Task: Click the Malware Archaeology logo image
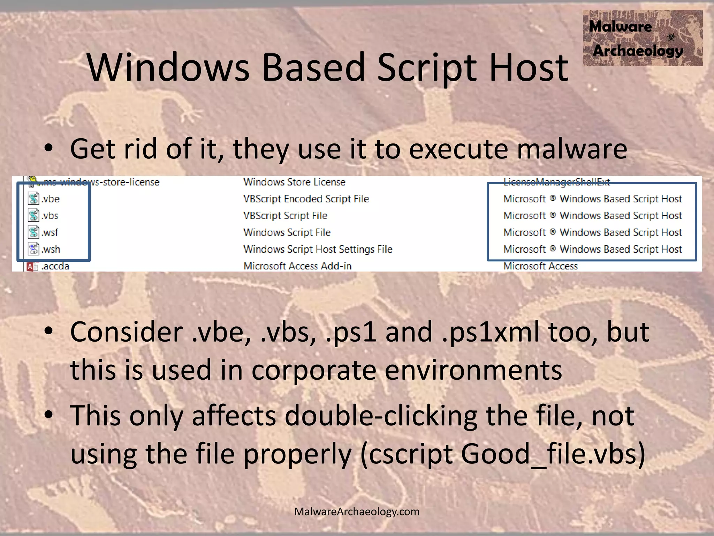coord(642,38)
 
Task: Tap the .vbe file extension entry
coord(51,199)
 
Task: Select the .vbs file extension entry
coord(50,216)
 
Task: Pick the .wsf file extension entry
coord(50,232)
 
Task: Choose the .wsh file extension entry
coord(51,250)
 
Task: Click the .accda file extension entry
coord(55,266)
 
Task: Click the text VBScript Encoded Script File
coord(306,199)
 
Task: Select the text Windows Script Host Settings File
coord(318,250)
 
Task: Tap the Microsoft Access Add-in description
coord(297,266)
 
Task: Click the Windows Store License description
coord(294,182)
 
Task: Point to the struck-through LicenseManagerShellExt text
coord(556,182)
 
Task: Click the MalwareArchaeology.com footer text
coord(357,512)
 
